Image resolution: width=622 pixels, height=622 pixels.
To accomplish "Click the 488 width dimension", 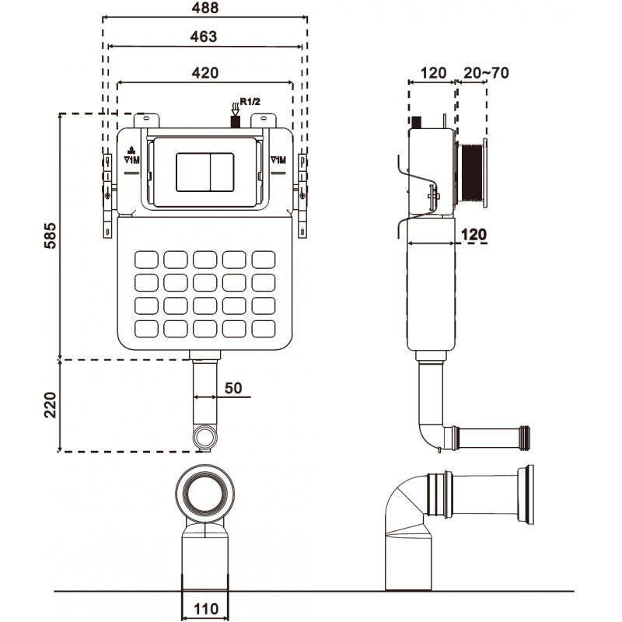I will (206, 7).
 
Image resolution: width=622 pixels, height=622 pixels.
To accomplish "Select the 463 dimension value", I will (203, 37).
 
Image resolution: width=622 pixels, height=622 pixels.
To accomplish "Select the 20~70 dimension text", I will (485, 73).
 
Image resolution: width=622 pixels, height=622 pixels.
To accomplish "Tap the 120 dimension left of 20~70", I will (432, 73).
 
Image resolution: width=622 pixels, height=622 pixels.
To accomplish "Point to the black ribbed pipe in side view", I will (471, 175).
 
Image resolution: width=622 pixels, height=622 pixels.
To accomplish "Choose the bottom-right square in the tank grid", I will (264, 328).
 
